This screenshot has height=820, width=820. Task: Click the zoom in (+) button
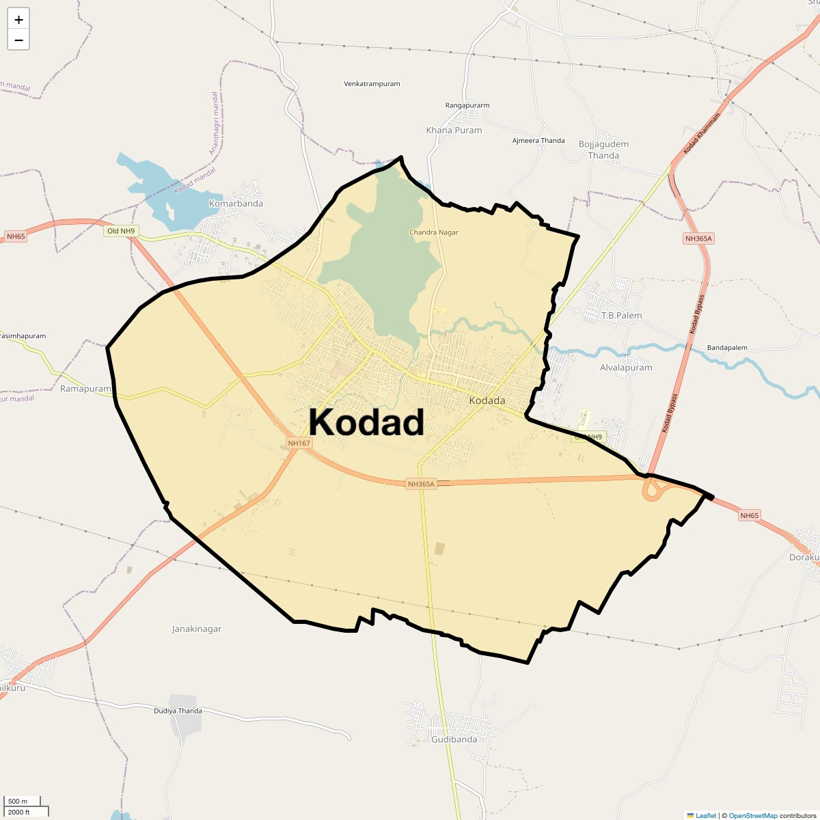18,20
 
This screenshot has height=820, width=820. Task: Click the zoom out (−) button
18,40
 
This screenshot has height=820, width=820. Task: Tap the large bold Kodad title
366,422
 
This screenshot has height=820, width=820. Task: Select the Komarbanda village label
236,204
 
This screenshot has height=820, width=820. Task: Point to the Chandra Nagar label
434,232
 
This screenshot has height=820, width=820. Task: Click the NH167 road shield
299,443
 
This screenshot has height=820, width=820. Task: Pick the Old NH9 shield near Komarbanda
121,231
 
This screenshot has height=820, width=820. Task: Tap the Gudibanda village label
454,739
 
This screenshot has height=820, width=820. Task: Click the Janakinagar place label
197,629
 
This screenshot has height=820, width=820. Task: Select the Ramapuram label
85,389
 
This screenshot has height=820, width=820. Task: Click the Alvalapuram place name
626,368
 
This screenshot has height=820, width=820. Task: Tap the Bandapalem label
728,348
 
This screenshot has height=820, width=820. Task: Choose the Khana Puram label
454,131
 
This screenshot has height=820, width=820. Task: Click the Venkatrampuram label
372,84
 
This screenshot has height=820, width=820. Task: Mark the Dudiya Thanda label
178,711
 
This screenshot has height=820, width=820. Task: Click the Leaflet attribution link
705,815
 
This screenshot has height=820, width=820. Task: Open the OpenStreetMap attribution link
752,815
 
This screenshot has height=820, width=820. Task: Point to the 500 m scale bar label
17,801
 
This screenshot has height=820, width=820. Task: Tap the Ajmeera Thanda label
538,141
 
